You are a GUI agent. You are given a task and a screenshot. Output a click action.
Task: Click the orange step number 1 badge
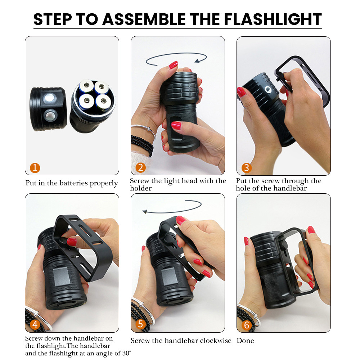[x=35, y=168]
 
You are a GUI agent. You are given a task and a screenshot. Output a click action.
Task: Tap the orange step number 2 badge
[x=140, y=168]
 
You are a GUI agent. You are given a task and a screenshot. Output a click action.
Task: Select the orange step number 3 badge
[x=247, y=168]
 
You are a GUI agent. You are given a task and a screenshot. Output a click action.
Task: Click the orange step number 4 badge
[x=35, y=325]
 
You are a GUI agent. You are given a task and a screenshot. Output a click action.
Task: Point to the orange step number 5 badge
[x=140, y=325]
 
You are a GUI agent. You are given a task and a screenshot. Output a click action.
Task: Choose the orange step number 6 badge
[x=247, y=325]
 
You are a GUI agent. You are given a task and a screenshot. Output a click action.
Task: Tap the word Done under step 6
[x=245, y=341]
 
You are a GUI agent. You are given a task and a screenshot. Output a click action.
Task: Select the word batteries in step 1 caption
[x=73, y=183]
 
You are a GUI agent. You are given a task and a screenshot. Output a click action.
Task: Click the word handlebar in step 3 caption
[x=289, y=188]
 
